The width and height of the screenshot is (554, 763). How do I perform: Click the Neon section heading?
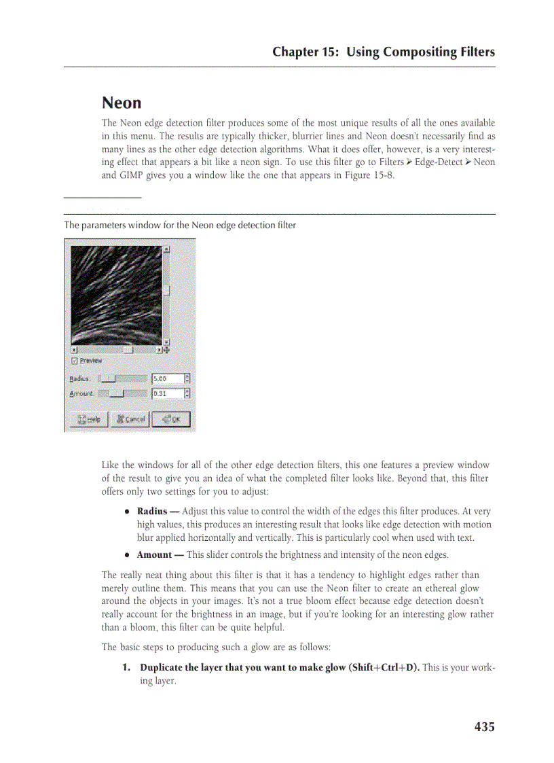coord(122,103)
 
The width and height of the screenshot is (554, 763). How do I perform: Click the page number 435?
coord(484,727)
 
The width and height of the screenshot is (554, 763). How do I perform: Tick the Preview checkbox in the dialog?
coord(75,361)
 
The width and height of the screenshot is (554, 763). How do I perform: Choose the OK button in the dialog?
coord(170,419)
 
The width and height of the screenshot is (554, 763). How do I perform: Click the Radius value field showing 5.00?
coord(167,378)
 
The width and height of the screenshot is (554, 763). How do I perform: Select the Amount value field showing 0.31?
coord(167,393)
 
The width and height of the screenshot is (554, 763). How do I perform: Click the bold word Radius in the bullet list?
coord(153,512)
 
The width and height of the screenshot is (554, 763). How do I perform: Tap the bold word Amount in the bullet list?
coord(154,555)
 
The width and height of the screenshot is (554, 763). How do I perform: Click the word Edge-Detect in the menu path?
coord(438,162)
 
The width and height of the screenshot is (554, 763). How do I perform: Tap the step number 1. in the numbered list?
coord(127,668)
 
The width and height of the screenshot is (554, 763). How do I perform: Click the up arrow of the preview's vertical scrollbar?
coord(166,249)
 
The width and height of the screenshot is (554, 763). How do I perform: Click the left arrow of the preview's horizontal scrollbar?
coord(74,350)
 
